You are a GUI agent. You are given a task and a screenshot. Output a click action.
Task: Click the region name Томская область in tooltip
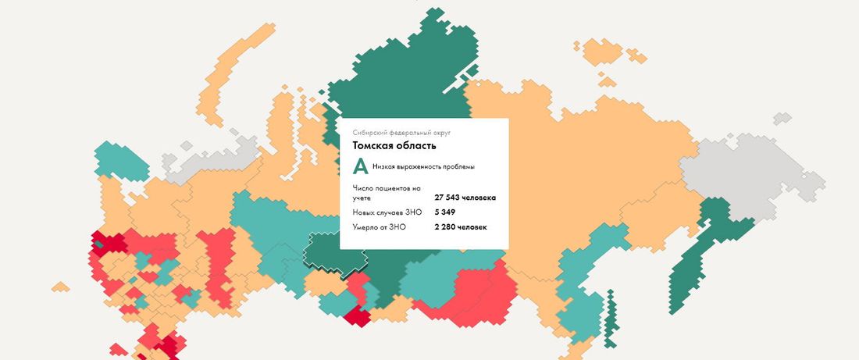[x=394, y=145]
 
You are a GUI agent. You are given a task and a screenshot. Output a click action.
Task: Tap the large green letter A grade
[x=360, y=166]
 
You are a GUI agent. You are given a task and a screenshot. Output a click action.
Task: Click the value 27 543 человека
[x=465, y=198]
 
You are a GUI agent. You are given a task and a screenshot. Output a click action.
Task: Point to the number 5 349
[x=445, y=212]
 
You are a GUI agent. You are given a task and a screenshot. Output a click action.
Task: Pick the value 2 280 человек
[x=461, y=227]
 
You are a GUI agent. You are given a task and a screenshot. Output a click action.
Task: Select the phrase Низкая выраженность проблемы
[x=423, y=167]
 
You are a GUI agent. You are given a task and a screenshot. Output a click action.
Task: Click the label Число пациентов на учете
[x=387, y=193]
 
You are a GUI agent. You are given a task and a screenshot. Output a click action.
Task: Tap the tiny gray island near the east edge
[x=781, y=119]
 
